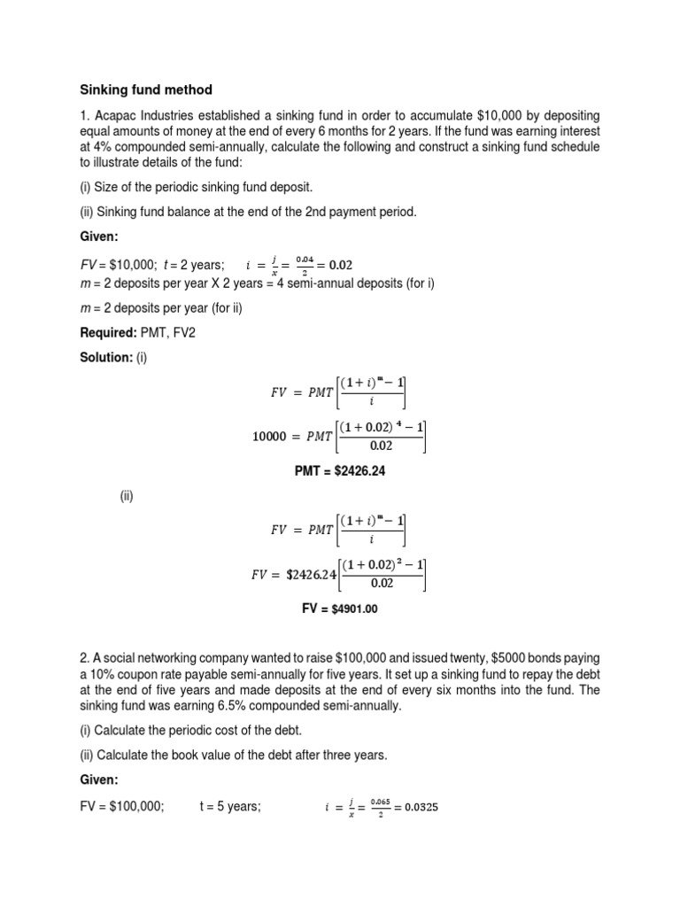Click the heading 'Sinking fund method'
click(147, 90)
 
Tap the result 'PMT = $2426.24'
click(340, 471)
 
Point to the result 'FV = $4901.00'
click(340, 609)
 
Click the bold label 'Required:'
click(107, 336)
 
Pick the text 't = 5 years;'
click(230, 807)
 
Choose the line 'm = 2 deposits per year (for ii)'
click(162, 307)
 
